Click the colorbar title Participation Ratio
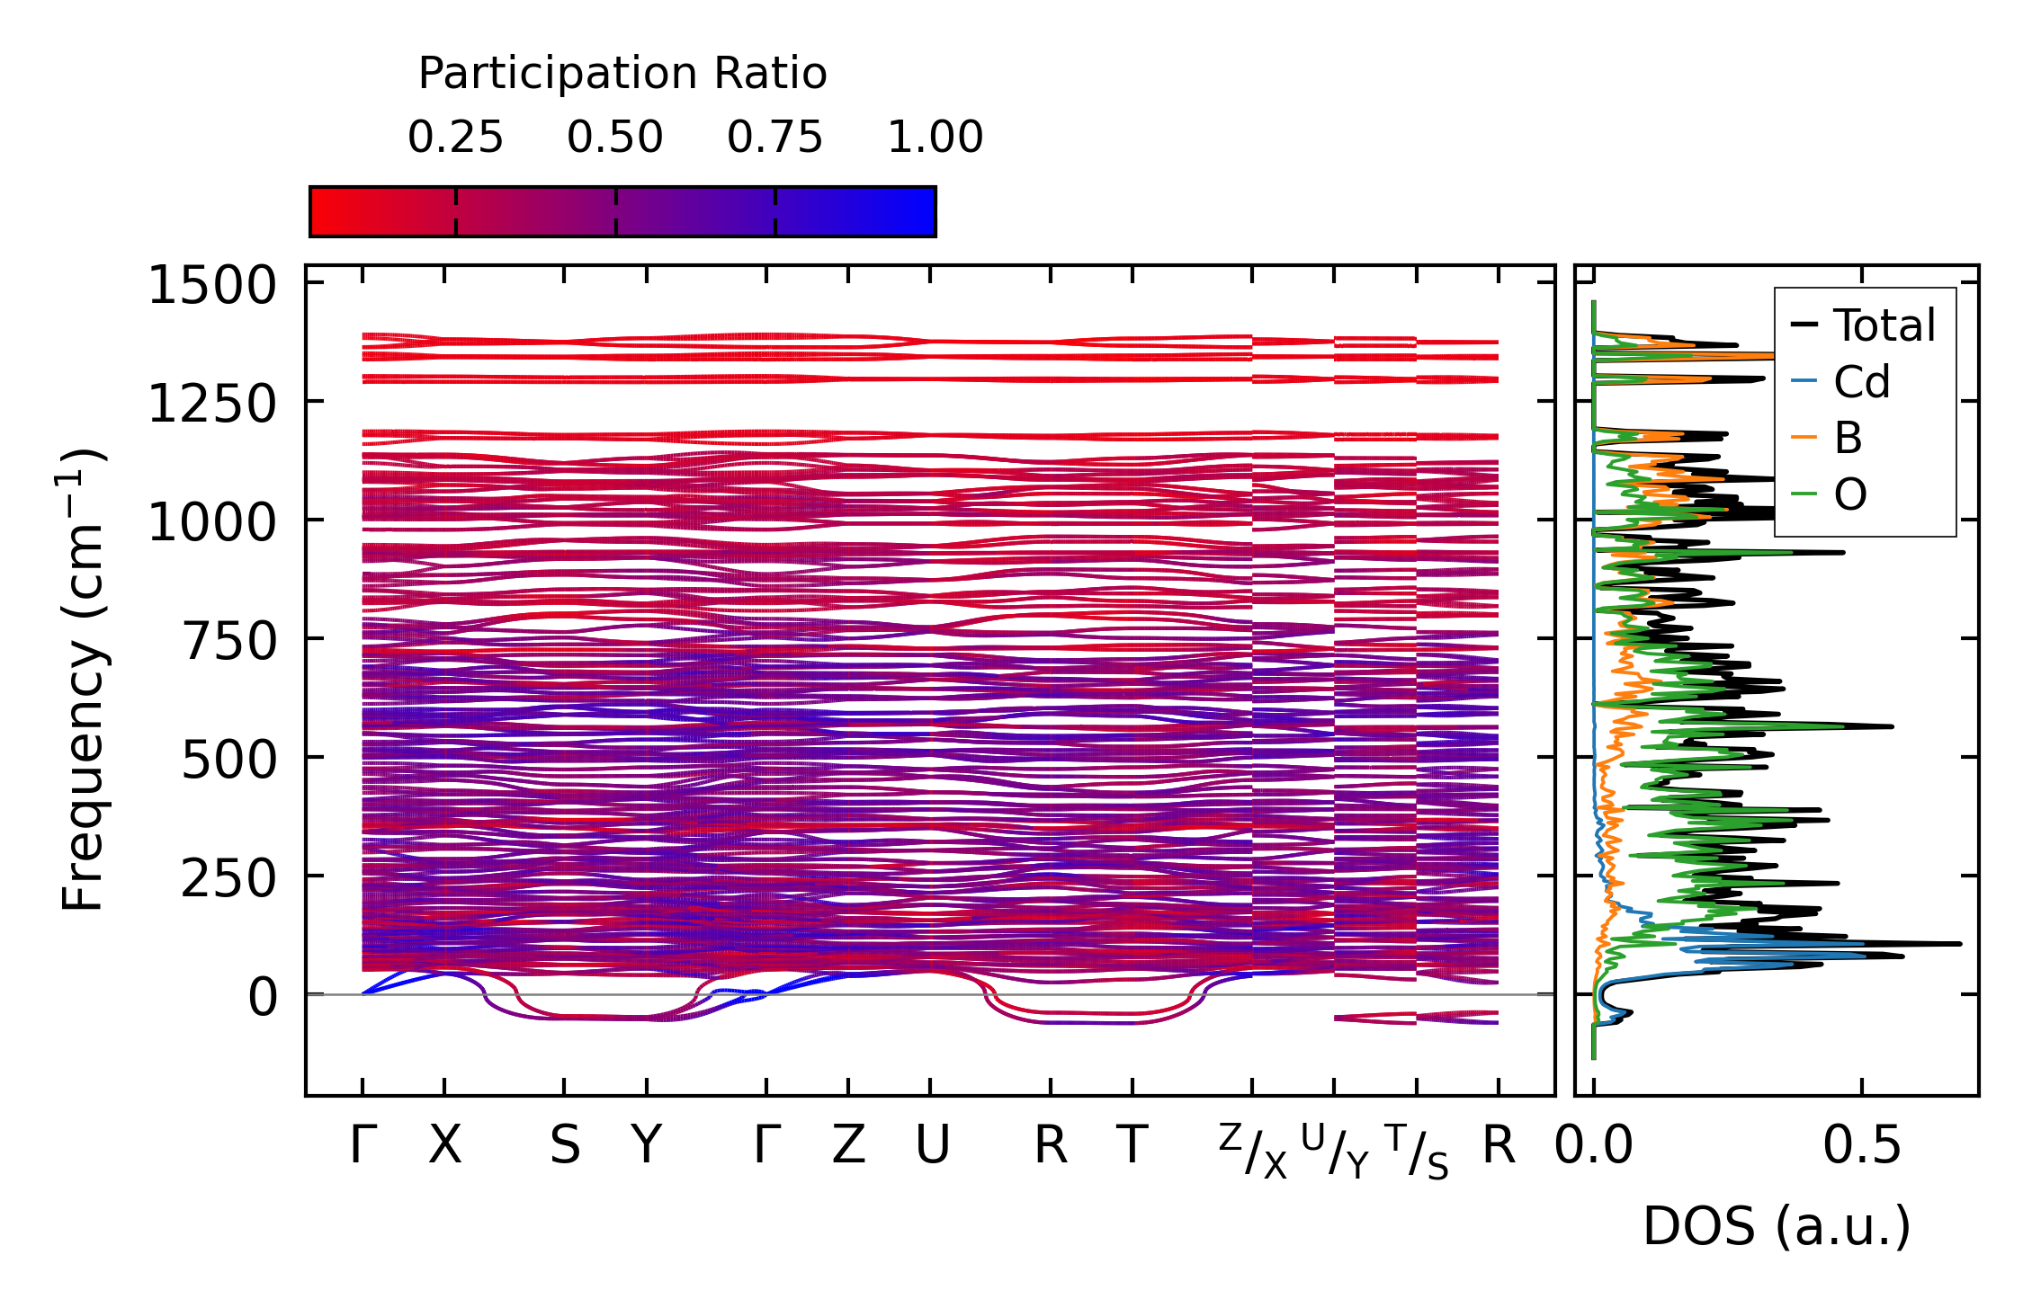pos(622,74)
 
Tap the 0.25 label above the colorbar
pos(455,138)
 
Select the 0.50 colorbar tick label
pos(615,138)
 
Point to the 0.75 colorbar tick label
pos(775,138)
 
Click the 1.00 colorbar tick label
pos(935,138)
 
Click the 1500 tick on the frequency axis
pos(212,287)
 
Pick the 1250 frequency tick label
pos(212,405)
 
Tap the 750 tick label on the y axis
pos(230,642)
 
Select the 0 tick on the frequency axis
pos(263,998)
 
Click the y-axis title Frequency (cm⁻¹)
pos(84,680)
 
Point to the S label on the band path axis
pos(565,1145)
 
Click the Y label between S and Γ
pos(647,1145)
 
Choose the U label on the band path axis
pos(932,1145)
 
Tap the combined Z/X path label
pos(1253,1152)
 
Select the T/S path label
pos(1417,1152)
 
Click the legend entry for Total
pos(1884,325)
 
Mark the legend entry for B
pos(1848,438)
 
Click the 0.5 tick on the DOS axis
pos(1862,1145)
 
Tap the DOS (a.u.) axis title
pos(1777,1226)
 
